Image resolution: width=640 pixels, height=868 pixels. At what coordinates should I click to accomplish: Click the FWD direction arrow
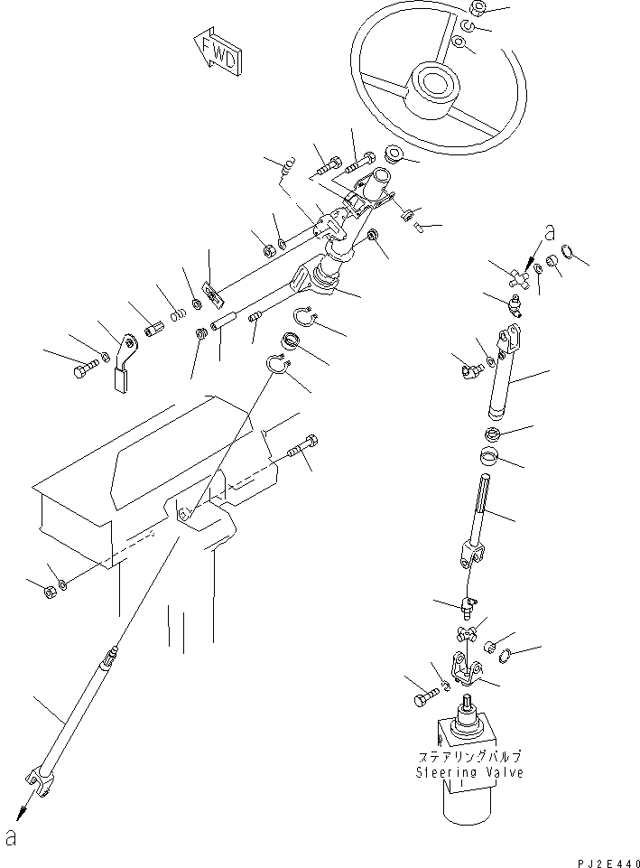click(x=218, y=53)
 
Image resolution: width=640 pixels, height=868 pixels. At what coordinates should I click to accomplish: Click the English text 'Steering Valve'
click(x=468, y=773)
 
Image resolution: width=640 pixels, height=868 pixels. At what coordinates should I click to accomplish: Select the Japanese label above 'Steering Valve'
click(x=469, y=757)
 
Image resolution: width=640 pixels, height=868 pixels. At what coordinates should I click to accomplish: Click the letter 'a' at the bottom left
click(x=11, y=837)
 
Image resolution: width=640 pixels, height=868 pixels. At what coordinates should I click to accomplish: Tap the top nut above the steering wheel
click(x=478, y=10)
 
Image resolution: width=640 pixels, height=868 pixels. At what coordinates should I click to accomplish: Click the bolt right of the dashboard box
click(x=304, y=446)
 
